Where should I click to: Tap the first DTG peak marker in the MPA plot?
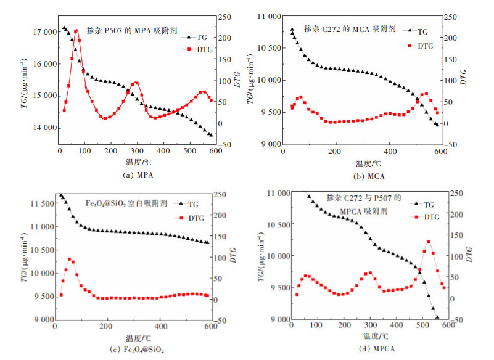click(76, 31)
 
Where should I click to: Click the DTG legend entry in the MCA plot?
click(418, 46)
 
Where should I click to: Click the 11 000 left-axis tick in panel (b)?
click(265, 15)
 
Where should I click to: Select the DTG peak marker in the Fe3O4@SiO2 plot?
click(69, 260)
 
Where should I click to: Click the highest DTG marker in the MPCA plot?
click(429, 242)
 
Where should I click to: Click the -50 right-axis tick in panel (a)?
click(225, 144)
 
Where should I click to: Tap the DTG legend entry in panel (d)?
click(428, 216)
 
